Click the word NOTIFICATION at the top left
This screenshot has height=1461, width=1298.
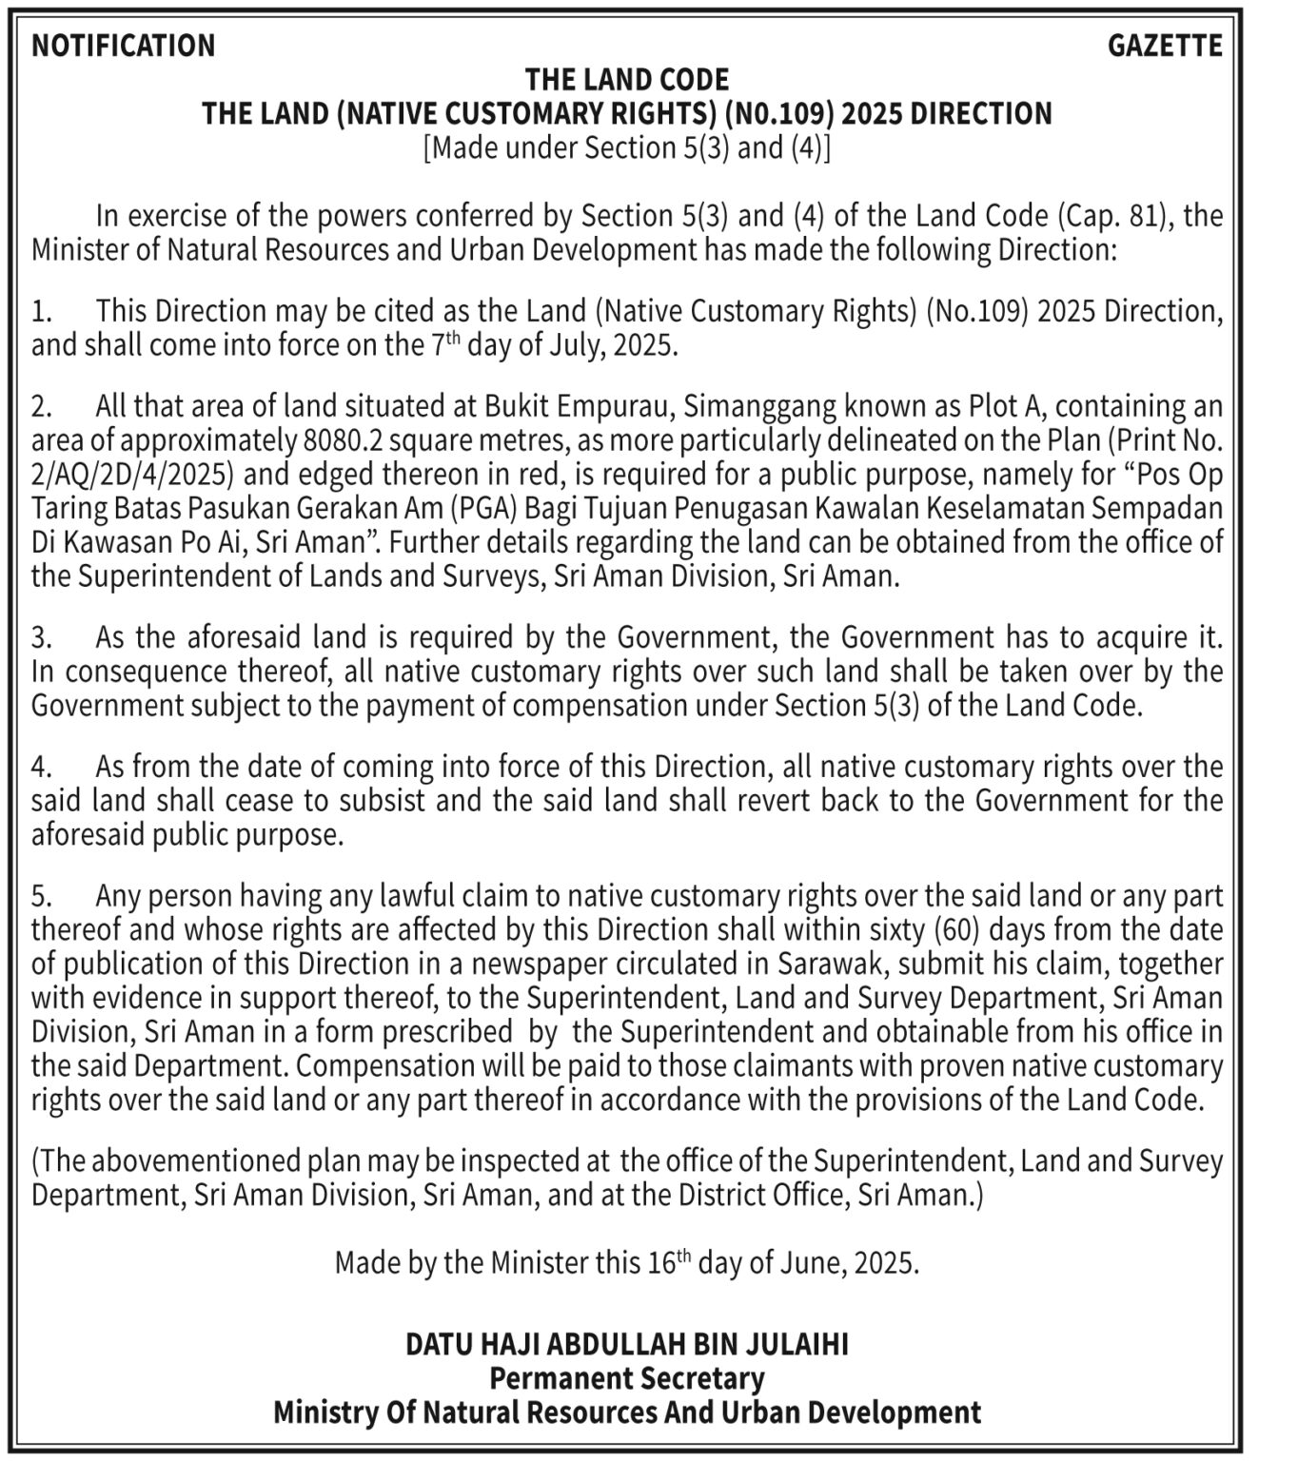pyautogui.click(x=124, y=46)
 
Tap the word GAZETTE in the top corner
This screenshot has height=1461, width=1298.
pyautogui.click(x=1165, y=46)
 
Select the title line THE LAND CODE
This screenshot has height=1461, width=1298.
pyautogui.click(x=627, y=79)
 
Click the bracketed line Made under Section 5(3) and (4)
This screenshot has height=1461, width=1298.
pyautogui.click(x=627, y=148)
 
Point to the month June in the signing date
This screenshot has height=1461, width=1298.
pyautogui.click(x=810, y=1263)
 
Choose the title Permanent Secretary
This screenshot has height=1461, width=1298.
pyautogui.click(x=627, y=1378)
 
